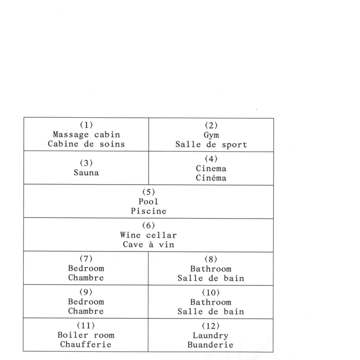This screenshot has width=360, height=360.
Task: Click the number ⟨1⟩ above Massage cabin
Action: click(x=86, y=125)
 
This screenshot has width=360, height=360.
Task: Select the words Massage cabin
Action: click(x=86, y=135)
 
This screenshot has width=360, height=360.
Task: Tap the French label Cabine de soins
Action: click(x=86, y=144)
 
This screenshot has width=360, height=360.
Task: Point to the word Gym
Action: click(x=211, y=135)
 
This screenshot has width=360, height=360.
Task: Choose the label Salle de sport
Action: click(x=211, y=145)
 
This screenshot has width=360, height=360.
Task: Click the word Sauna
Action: click(x=86, y=172)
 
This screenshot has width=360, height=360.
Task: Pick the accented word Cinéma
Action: click(x=211, y=178)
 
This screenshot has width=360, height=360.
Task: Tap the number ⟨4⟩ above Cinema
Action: click(x=211, y=158)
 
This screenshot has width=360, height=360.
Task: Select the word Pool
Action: click(x=148, y=202)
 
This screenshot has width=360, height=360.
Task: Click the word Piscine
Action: click(x=149, y=211)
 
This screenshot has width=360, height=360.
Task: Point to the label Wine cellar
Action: click(x=148, y=235)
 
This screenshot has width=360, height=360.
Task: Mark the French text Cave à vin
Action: click(x=149, y=244)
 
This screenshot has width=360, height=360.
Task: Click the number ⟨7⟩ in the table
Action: click(x=86, y=259)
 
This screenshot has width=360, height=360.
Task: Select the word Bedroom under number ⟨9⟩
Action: click(x=86, y=302)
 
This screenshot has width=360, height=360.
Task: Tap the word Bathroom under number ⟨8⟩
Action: click(x=211, y=269)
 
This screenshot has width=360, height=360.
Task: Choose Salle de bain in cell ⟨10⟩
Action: click(x=211, y=312)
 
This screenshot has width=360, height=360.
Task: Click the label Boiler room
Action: click(x=86, y=335)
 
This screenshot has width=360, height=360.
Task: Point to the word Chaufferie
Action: click(x=86, y=345)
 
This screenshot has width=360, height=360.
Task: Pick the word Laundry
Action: click(x=210, y=336)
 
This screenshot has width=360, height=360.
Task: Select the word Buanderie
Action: click(x=210, y=345)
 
